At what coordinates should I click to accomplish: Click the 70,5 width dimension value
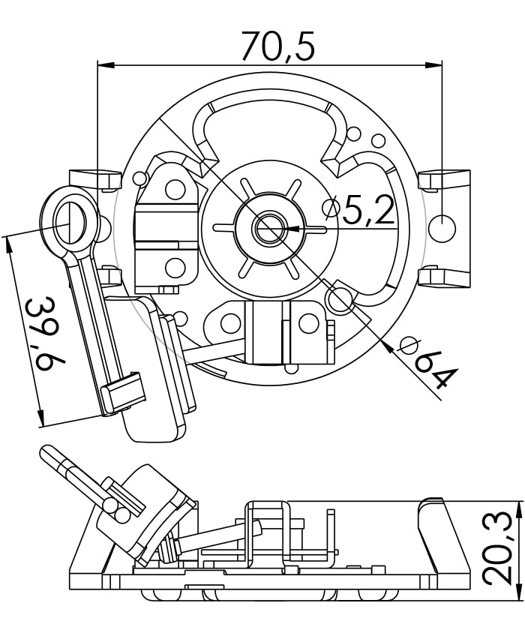(277, 46)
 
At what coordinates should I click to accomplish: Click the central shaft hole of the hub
(267, 226)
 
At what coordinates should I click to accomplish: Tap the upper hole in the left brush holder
(174, 189)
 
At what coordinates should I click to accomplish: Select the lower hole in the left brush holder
(174, 267)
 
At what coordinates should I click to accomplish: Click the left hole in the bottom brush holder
(231, 324)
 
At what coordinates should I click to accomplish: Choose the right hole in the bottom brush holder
(307, 324)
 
